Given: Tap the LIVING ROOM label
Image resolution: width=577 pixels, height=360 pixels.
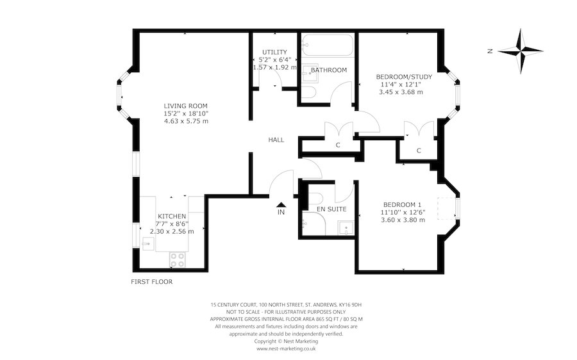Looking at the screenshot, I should point(185,106).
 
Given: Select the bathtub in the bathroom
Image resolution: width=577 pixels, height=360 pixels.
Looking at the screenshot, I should point(328,44).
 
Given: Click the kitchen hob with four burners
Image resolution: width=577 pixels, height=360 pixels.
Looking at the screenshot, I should point(177,259).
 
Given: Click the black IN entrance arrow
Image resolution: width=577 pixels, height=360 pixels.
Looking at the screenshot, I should point(281,205).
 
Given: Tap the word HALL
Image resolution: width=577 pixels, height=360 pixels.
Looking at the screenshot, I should point(276,140).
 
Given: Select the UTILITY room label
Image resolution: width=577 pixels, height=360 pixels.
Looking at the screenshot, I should point(274,52).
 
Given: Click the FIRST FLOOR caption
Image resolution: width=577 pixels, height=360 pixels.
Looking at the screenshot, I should point(151,281).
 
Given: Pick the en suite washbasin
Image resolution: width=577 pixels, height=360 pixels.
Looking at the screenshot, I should point(346,227).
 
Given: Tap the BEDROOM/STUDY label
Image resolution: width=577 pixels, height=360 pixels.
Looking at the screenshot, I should point(404,77).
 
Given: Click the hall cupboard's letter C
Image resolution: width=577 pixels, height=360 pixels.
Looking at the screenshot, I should point(338,145).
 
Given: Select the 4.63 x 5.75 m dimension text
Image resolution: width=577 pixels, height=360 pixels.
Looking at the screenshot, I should point(185,121).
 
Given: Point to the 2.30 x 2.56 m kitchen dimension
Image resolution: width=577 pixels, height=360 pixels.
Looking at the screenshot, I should point(172,231).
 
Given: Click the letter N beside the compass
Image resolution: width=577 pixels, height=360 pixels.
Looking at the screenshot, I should point(489,51).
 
